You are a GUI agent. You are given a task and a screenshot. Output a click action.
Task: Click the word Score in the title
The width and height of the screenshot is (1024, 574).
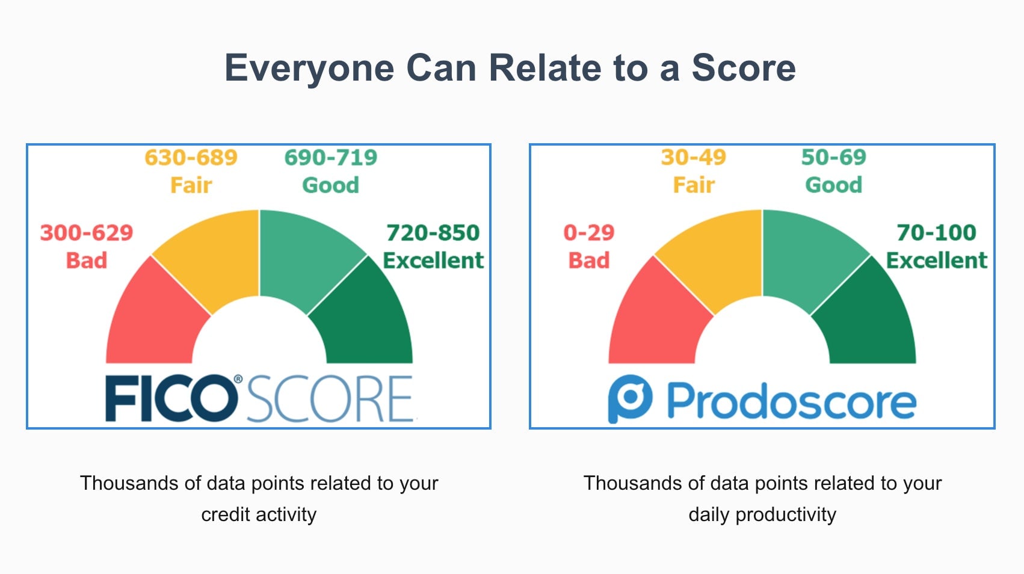click(744, 67)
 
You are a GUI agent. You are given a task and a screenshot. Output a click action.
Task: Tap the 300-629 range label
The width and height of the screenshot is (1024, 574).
click(87, 233)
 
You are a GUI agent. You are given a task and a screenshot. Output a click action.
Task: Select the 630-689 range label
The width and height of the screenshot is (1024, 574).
click(191, 158)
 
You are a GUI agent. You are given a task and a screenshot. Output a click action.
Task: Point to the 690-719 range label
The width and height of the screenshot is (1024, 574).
click(331, 158)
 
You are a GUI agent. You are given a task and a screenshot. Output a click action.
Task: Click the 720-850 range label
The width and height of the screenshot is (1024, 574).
click(433, 233)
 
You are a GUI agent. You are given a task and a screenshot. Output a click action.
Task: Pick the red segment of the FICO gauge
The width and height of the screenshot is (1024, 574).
click(153, 319)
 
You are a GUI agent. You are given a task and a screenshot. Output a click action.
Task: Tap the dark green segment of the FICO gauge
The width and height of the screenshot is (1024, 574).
click(367, 319)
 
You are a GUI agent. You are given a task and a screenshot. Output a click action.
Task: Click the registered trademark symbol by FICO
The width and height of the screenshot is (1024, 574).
click(238, 379)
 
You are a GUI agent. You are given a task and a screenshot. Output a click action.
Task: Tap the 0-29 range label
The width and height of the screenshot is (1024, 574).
click(589, 233)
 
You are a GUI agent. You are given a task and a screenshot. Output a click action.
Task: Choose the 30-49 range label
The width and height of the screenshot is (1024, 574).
click(694, 158)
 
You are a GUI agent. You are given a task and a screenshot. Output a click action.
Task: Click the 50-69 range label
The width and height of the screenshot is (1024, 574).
click(834, 158)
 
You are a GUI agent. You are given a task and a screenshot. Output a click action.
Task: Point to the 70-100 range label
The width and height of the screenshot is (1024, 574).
click(936, 233)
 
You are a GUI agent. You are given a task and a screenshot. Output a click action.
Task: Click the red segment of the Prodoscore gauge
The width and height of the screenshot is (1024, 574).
click(656, 319)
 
